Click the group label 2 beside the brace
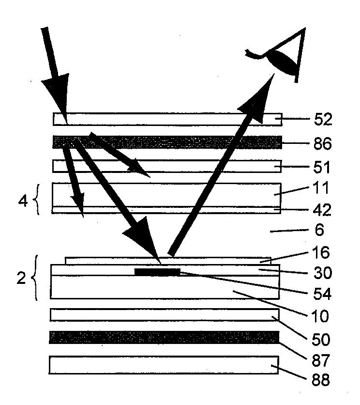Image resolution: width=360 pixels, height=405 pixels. pos(21,280)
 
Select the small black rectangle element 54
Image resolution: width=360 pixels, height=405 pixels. pos(157,271)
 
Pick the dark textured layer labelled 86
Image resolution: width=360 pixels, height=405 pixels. pos(167,142)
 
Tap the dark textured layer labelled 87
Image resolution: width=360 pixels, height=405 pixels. pos(165,337)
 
